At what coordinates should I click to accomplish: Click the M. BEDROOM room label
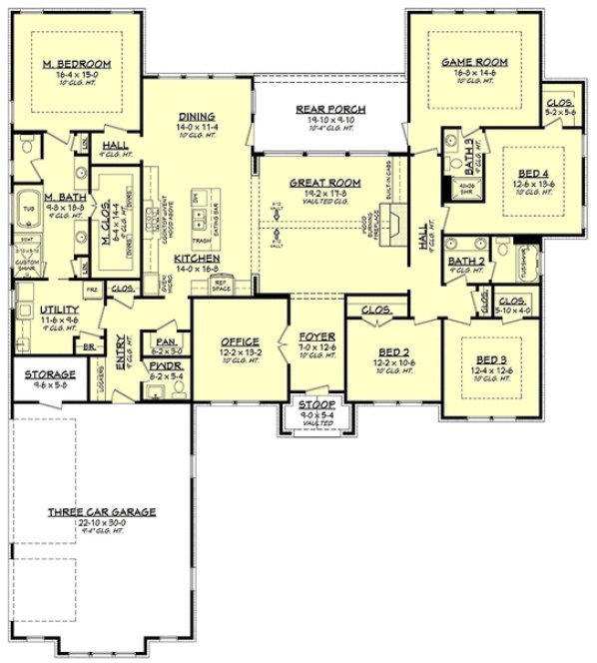[77, 63]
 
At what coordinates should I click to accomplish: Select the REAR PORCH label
[330, 109]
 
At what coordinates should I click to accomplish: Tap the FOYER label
[305, 336]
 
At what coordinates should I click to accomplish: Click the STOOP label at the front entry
[304, 407]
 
